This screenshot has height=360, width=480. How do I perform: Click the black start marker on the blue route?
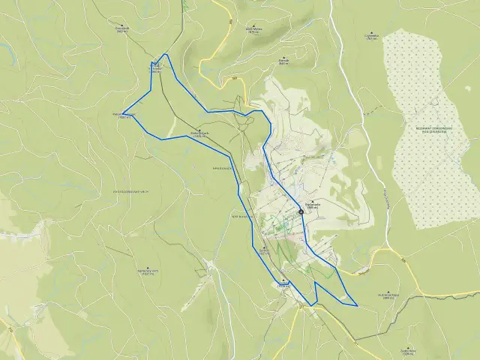pos(301,211)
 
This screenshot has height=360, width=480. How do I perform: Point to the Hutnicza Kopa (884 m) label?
pos(390,295)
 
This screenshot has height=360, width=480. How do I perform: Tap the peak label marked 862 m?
pos(123,30)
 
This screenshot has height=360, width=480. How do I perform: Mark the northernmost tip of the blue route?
pos(166,55)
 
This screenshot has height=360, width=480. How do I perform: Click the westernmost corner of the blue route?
pos(122,114)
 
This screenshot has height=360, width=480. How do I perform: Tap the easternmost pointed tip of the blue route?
pos(357,305)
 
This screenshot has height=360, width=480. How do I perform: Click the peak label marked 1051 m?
pos(262,251)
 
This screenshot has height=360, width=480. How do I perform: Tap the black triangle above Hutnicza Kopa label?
pos(389,291)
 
